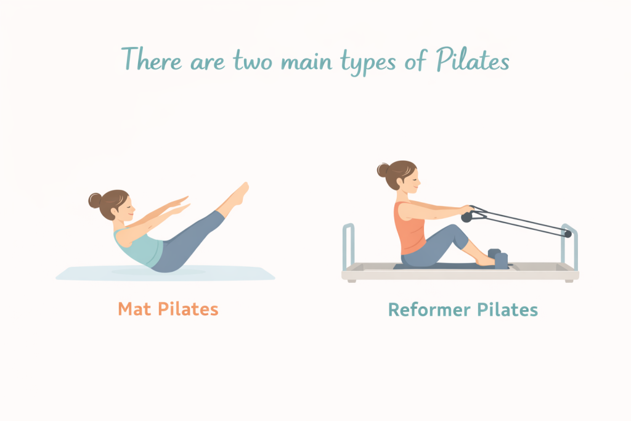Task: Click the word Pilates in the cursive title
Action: click(473, 60)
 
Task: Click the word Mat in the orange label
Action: click(134, 309)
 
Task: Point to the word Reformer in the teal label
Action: click(429, 310)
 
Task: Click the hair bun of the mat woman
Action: click(95, 200)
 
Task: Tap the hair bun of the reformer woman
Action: click(383, 170)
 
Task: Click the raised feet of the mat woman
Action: click(241, 194)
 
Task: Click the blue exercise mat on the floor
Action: click(165, 273)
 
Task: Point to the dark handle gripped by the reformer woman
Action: click(467, 218)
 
